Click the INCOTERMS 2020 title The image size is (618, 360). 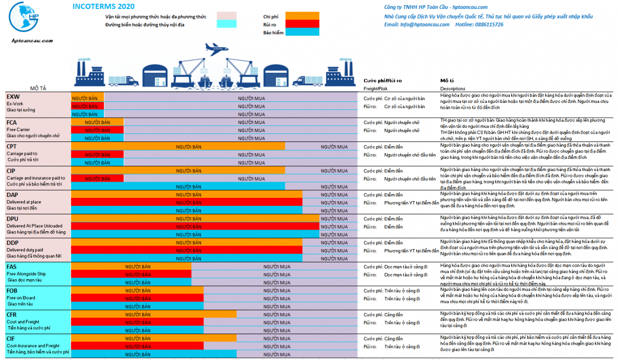tap(103, 7)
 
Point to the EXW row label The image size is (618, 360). tap(13, 97)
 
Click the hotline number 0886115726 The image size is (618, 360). tap(486, 25)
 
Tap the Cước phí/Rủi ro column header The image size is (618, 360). tap(382, 80)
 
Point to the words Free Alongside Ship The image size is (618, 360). tap(26, 273)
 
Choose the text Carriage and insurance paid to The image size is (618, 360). tap(36, 178)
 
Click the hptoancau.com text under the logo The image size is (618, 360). tap(32, 40)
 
